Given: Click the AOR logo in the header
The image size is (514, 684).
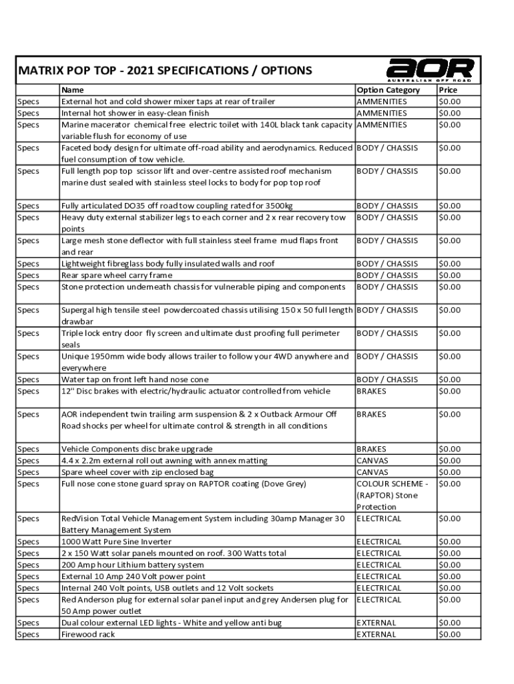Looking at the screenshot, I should (430, 69).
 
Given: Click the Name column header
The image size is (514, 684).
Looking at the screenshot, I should (72, 90).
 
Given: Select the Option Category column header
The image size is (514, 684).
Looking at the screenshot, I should (389, 90).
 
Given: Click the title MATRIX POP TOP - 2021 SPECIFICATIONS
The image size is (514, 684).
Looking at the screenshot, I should (165, 70).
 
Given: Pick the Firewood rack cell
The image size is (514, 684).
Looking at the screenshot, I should (88, 634).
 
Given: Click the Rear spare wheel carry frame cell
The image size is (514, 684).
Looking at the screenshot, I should (117, 275).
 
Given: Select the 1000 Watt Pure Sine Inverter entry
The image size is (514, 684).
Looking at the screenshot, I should (116, 542).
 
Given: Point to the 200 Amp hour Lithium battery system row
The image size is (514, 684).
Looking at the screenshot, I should (132, 564).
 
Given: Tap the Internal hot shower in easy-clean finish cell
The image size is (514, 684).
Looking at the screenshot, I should (135, 113).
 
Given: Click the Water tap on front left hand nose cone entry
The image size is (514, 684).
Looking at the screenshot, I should (135, 379).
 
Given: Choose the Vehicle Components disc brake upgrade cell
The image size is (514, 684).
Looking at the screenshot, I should (137, 449).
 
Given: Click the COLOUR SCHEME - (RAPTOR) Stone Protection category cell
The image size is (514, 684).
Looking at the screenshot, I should (393, 495).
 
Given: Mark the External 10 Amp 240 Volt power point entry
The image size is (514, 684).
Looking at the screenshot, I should (134, 576).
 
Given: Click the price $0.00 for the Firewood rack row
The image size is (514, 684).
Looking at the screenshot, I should (449, 634).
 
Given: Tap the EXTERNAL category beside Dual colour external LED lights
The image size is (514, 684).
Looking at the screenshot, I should (376, 623).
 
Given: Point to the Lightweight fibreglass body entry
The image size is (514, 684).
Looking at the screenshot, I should (168, 264).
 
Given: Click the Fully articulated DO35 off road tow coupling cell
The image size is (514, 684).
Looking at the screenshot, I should (177, 206).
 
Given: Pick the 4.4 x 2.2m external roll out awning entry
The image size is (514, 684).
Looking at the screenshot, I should (164, 460).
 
